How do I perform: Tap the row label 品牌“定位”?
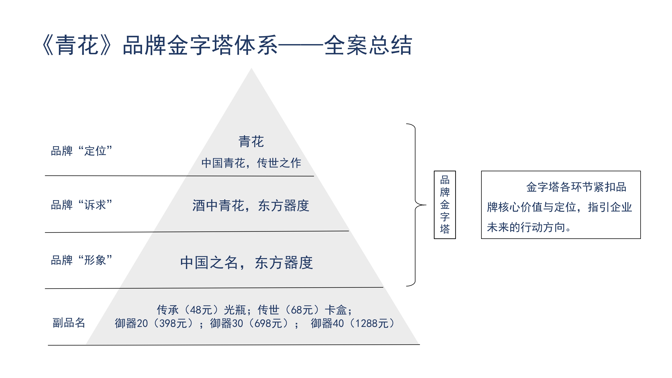click(x=81, y=151)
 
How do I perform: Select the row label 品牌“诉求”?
click(x=81, y=205)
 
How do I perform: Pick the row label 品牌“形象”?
click(x=81, y=260)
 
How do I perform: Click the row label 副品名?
click(x=69, y=323)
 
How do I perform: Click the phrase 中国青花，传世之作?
click(x=251, y=163)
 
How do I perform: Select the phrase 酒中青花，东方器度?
click(x=251, y=206)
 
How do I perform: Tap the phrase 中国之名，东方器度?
click(x=247, y=262)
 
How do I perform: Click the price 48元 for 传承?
click(x=201, y=310)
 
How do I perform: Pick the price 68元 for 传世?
click(x=302, y=310)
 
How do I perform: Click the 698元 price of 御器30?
click(x=268, y=324)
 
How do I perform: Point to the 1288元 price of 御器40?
click(x=372, y=324)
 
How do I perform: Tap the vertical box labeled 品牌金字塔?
click(x=445, y=205)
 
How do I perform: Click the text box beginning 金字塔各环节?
click(x=561, y=205)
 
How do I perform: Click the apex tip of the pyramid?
click(x=252, y=68)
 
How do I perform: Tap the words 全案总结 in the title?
click(x=368, y=45)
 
